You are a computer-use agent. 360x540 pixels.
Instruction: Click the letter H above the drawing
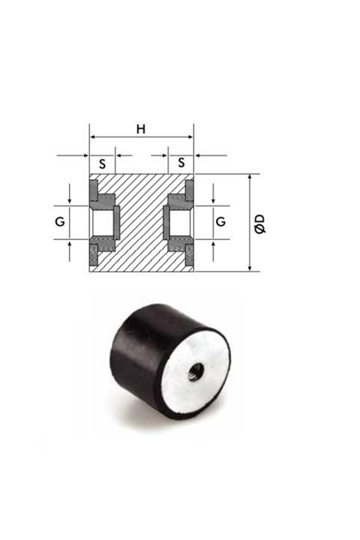click(x=141, y=128)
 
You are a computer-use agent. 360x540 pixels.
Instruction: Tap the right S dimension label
click(x=180, y=163)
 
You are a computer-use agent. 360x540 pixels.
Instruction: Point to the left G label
click(x=61, y=222)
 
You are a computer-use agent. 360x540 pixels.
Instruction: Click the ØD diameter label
click(x=259, y=223)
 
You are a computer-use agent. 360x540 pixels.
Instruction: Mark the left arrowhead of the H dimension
click(x=93, y=137)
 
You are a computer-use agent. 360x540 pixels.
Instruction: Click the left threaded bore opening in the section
click(x=100, y=222)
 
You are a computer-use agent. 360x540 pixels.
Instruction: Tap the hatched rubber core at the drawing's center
click(x=141, y=223)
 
